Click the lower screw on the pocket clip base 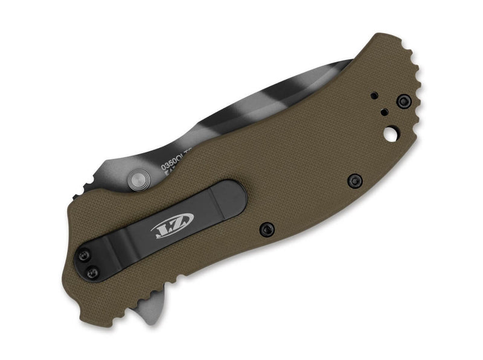click(x=92, y=273)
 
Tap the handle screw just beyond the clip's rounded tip click(x=266, y=229)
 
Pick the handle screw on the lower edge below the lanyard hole click(x=355, y=180)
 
